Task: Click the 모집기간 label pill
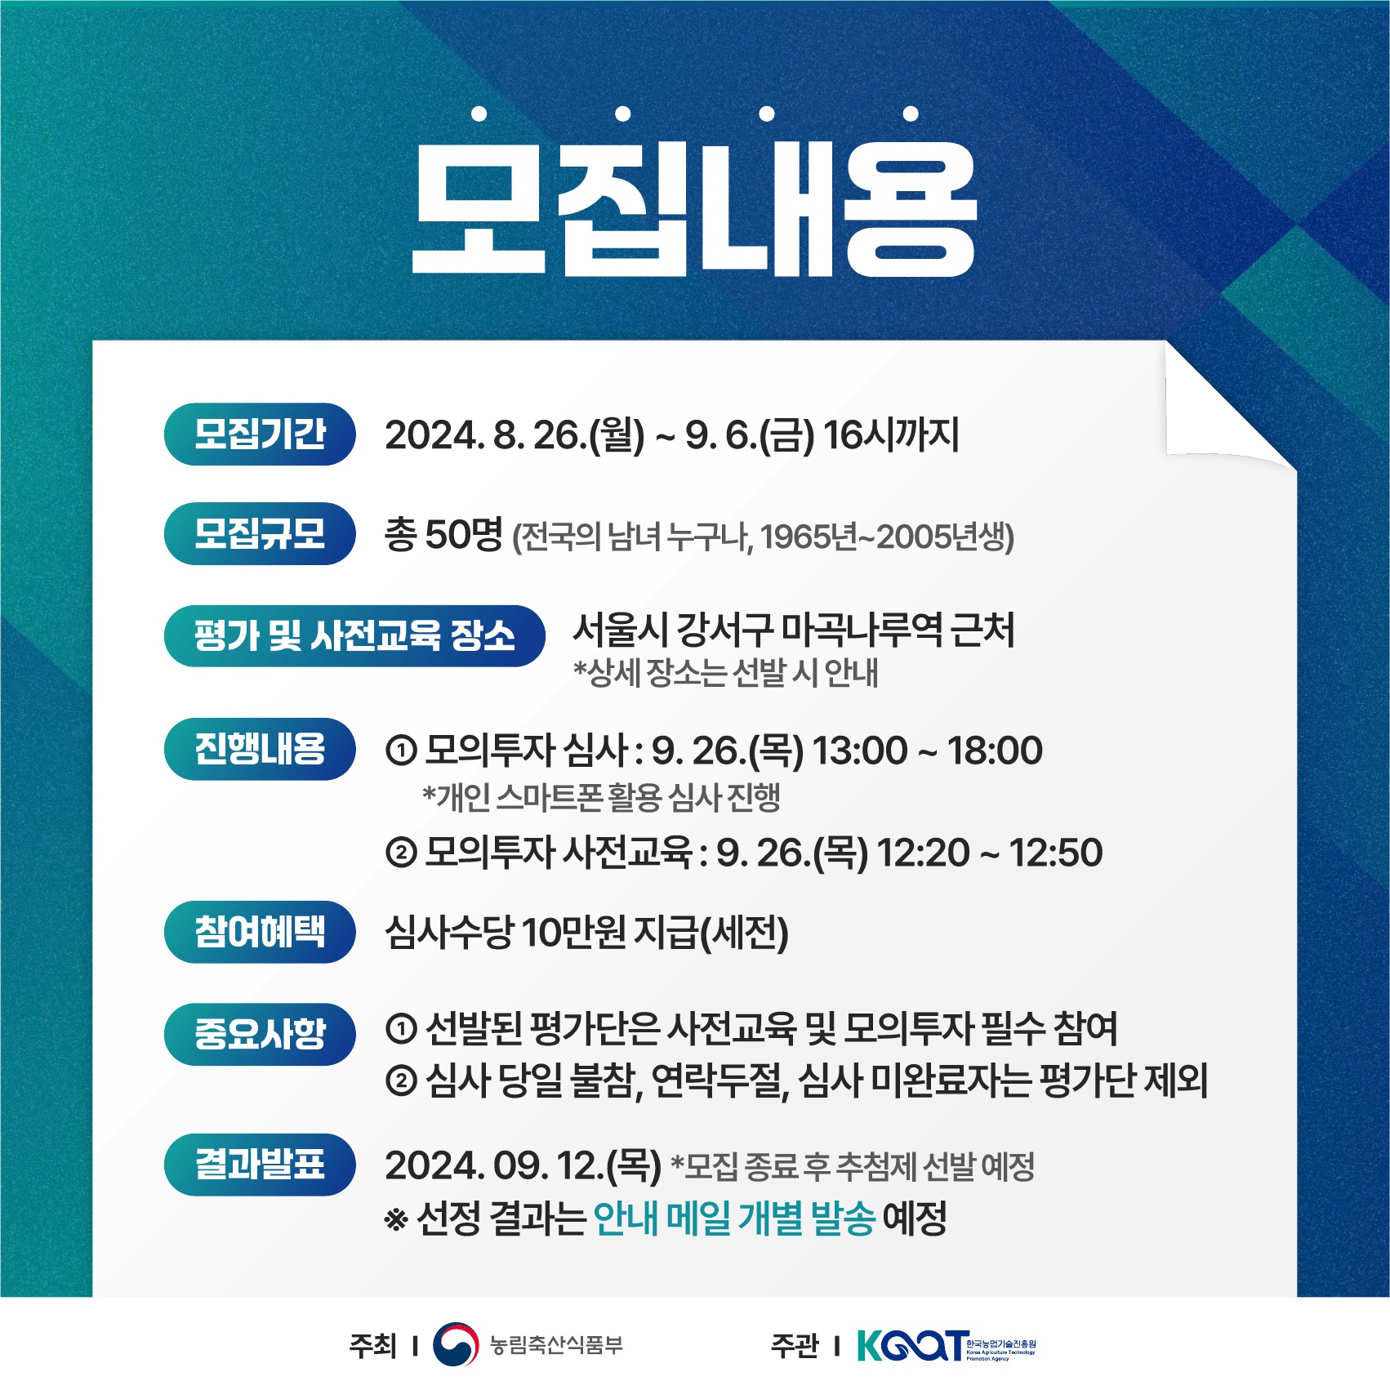(x=260, y=434)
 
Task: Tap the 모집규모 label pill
(x=260, y=533)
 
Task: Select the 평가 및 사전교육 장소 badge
(x=354, y=635)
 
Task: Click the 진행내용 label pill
(x=260, y=749)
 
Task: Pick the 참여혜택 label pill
(x=260, y=932)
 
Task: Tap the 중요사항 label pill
(x=260, y=1034)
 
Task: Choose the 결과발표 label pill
(x=260, y=1165)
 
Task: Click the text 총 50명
(x=443, y=535)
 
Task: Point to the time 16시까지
(x=891, y=434)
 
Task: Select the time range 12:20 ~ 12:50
(x=990, y=853)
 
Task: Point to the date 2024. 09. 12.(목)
(x=523, y=1165)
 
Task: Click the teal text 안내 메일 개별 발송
(x=734, y=1218)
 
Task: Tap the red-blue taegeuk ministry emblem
(x=456, y=1344)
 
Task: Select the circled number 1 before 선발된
(x=401, y=1029)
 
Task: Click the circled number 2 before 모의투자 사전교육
(x=401, y=853)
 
